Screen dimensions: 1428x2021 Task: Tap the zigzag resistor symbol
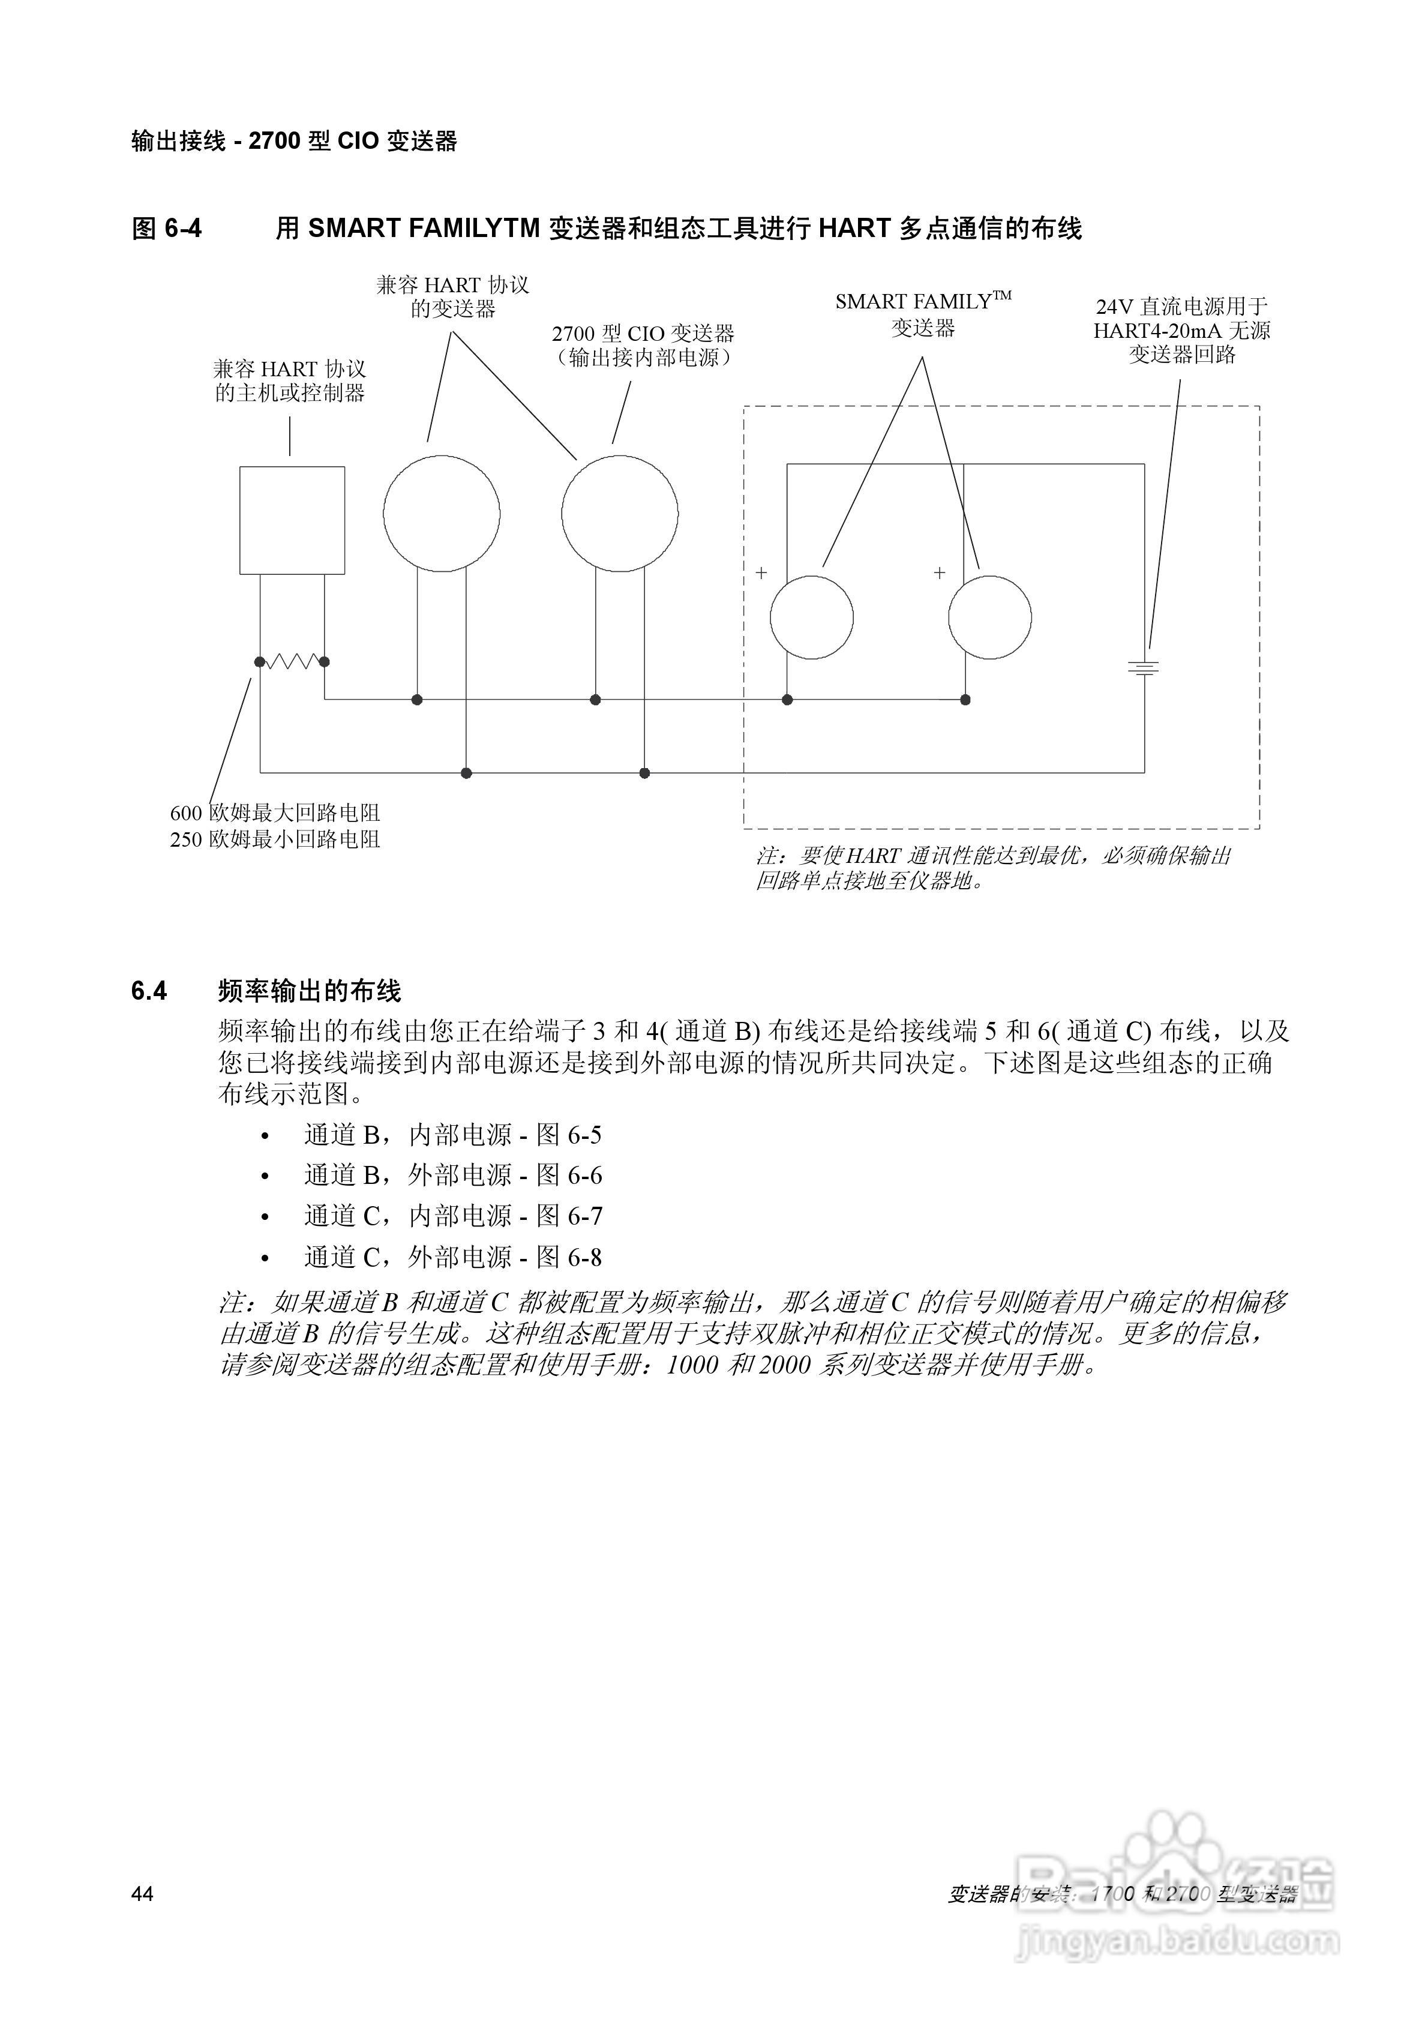(292, 661)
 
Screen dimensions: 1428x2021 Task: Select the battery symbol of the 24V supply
(1144, 668)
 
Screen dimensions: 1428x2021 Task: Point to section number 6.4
(149, 991)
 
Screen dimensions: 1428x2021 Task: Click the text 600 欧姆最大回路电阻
(275, 813)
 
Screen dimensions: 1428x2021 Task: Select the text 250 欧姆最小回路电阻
(275, 839)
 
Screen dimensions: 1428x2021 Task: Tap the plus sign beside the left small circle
(761, 573)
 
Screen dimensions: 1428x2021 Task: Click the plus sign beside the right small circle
(940, 573)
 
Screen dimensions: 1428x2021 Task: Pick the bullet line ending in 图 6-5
(452, 1135)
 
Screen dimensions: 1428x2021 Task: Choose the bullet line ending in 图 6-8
(452, 1258)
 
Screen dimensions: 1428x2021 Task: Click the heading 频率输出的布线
(309, 991)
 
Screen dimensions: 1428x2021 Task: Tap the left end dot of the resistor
(260, 661)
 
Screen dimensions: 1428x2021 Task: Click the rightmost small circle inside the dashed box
(989, 617)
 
